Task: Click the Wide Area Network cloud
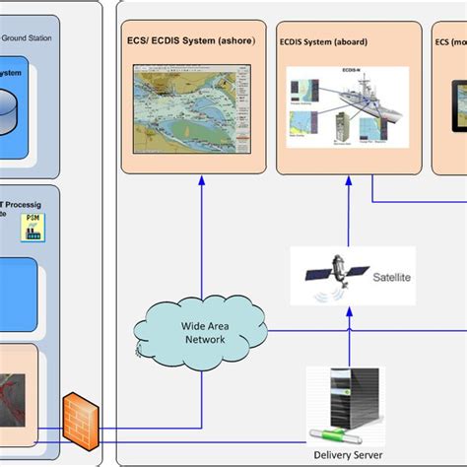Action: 202,330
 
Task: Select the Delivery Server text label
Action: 346,454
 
